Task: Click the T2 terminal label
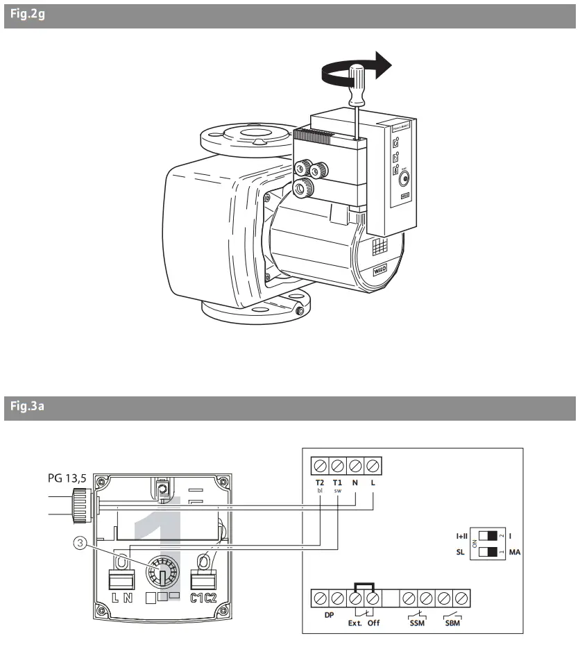[320, 482]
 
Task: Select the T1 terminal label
[337, 482]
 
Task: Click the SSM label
[417, 623]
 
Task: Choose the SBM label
[452, 623]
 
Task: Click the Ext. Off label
[364, 623]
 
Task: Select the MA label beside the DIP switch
[514, 553]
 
